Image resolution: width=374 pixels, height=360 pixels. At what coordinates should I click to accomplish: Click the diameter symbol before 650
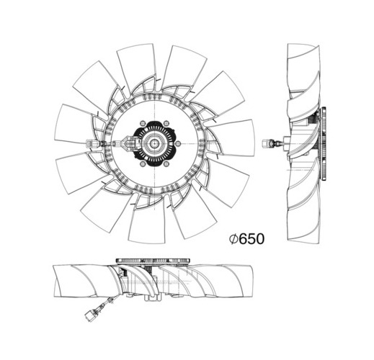click(233, 239)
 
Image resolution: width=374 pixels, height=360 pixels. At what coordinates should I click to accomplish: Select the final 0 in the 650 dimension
click(260, 239)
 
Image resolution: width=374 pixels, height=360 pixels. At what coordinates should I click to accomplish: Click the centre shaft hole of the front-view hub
click(154, 144)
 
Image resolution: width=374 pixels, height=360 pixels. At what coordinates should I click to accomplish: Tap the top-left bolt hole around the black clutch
click(143, 123)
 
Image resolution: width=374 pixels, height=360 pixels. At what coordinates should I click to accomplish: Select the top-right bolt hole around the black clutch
click(166, 123)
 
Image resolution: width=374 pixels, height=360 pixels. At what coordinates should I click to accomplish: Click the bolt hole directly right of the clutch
click(177, 144)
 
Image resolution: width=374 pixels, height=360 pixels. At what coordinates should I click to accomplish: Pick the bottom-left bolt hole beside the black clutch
click(143, 164)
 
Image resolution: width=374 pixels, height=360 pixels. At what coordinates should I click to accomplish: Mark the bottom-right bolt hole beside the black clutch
click(166, 164)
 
